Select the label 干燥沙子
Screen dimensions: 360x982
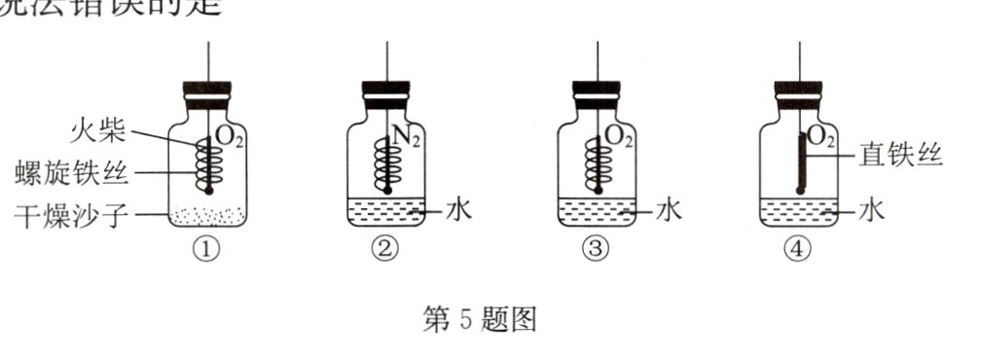pyautogui.click(x=73, y=214)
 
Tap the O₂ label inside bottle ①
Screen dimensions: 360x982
pyautogui.click(x=230, y=138)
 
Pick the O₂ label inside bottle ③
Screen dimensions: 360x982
pyautogui.click(x=619, y=138)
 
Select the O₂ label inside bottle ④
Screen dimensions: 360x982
pyautogui.click(x=820, y=138)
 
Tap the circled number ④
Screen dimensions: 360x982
pyautogui.click(x=796, y=249)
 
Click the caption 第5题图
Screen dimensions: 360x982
pyautogui.click(x=480, y=318)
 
